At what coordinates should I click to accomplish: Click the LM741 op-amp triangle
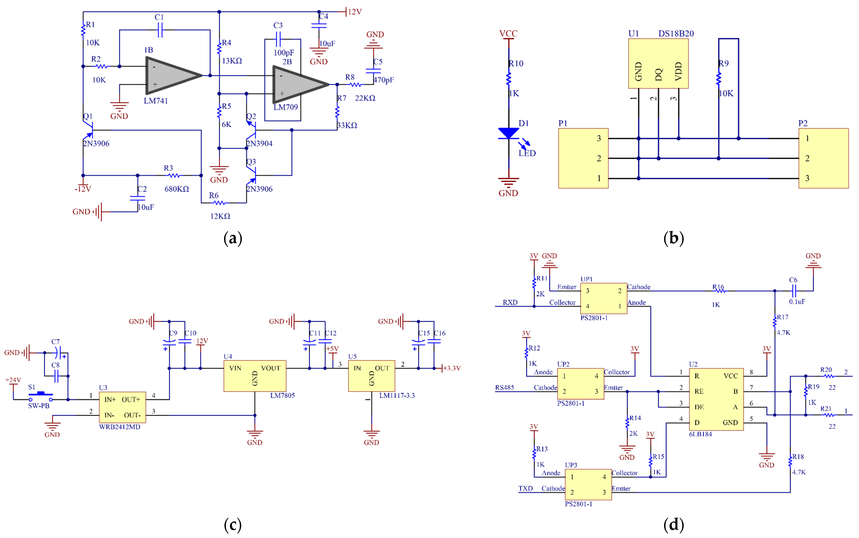pyautogui.click(x=171, y=75)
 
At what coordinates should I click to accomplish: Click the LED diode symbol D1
pyautogui.click(x=508, y=133)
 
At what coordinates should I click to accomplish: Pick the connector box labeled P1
pyautogui.click(x=583, y=158)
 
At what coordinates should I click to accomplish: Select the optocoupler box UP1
pyautogui.click(x=603, y=298)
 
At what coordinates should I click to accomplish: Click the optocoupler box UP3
pyautogui.click(x=588, y=484)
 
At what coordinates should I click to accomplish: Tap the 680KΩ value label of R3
pyautogui.click(x=177, y=189)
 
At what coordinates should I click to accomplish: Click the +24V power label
pyautogui.click(x=13, y=380)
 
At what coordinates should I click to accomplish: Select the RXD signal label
pyautogui.click(x=510, y=302)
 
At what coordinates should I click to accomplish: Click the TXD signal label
pyautogui.click(x=525, y=488)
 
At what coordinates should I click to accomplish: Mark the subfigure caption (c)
pyautogui.click(x=233, y=525)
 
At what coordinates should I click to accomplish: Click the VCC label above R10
pyautogui.click(x=508, y=34)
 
